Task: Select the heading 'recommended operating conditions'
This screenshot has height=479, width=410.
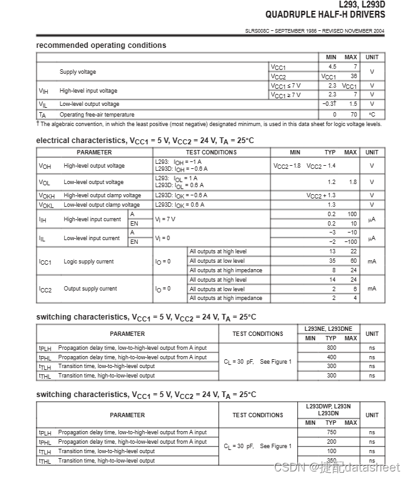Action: tap(101, 45)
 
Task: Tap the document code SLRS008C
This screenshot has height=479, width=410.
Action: tap(259, 31)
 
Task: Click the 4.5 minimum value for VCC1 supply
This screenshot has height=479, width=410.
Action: tap(332, 67)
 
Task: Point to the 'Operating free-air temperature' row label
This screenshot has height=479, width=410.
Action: tap(96, 115)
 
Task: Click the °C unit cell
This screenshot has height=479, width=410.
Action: tap(372, 115)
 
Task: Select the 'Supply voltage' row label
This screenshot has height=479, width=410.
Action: tap(77, 72)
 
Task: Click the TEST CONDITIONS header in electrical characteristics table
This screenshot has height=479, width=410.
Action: tap(211, 152)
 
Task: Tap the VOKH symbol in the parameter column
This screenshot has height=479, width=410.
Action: tap(47, 196)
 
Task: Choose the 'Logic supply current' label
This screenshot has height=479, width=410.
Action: tap(89, 261)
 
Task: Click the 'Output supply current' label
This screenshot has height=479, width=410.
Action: tap(90, 289)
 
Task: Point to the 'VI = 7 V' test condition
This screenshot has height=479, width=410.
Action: tap(165, 219)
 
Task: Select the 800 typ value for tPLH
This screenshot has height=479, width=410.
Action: tap(331, 348)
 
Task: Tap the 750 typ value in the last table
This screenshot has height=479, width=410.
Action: tap(331, 433)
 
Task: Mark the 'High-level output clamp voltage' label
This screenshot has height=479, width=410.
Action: tap(102, 195)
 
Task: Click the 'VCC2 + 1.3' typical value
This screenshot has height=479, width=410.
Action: tap(321, 195)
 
